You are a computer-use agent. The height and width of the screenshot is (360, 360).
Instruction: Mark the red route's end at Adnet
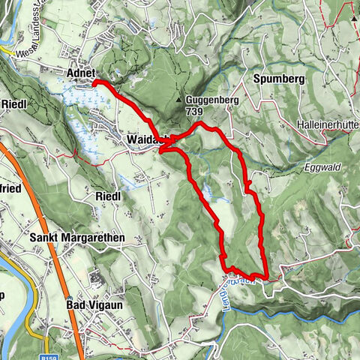[94, 82]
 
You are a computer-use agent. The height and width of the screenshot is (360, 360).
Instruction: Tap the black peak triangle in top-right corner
[353, 16]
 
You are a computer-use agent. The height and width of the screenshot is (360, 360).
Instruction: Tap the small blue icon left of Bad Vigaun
[95, 278]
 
